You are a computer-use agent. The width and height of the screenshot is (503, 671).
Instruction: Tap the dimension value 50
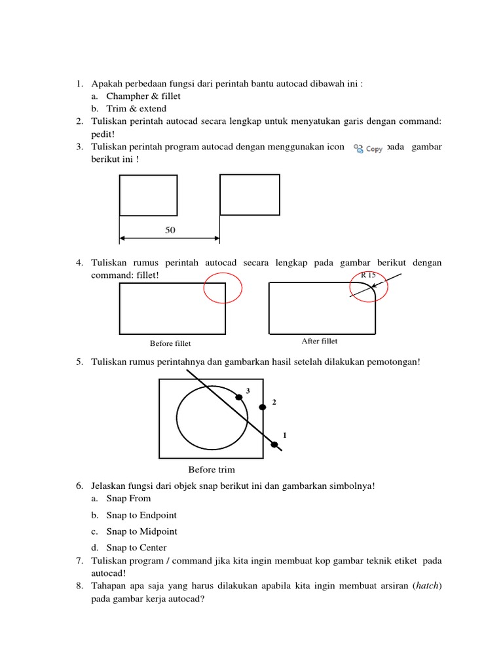pos(170,231)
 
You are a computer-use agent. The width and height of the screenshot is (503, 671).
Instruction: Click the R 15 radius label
pos(368,275)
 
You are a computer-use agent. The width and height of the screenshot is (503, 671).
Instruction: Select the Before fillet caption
pos(170,343)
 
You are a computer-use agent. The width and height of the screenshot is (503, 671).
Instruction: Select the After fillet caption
pos(320,341)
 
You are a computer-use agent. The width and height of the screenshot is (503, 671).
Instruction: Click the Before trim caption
pos(212,469)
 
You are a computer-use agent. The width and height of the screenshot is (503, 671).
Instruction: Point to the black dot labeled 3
pos(239,397)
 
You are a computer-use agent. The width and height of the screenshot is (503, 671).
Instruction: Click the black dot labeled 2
pos(263,407)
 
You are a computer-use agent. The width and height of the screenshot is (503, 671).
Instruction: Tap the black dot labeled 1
pos(274,446)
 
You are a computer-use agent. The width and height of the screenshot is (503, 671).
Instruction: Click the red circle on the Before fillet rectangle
pos(223,289)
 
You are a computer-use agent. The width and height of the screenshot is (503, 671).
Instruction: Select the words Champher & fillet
pos(143,96)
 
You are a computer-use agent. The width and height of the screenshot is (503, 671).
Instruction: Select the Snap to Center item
pos(136,548)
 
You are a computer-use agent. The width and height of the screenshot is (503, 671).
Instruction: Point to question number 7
pos(78,560)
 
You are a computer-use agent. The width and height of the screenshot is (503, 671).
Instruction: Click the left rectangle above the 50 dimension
pos(148,195)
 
